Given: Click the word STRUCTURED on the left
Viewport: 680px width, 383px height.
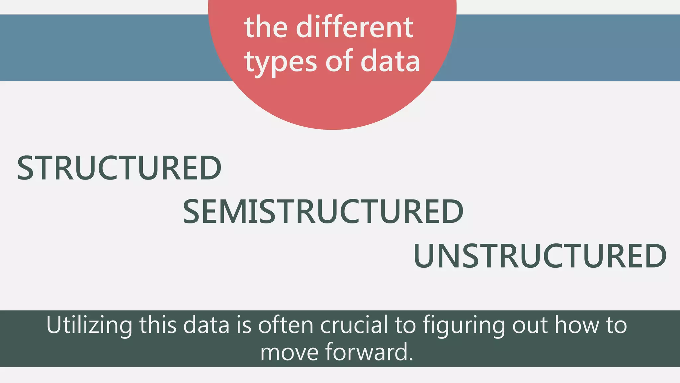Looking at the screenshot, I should pyautogui.click(x=119, y=168).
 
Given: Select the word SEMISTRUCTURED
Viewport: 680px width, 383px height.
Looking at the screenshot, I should pyautogui.click(x=323, y=211).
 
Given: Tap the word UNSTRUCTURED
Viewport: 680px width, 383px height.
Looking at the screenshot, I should pyautogui.click(x=540, y=256).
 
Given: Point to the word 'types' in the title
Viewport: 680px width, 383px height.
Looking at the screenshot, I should pyautogui.click(x=281, y=62).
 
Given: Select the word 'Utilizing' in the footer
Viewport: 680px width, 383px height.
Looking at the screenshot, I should pyautogui.click(x=89, y=325).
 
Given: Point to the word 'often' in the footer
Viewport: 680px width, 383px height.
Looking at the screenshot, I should pyautogui.click(x=286, y=324).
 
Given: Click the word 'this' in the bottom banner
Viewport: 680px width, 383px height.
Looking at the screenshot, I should pyautogui.click(x=158, y=324).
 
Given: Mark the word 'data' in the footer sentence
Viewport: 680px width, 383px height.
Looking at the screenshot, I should pyautogui.click(x=206, y=324).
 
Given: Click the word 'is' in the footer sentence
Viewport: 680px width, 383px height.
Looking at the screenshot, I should pyautogui.click(x=244, y=324).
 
